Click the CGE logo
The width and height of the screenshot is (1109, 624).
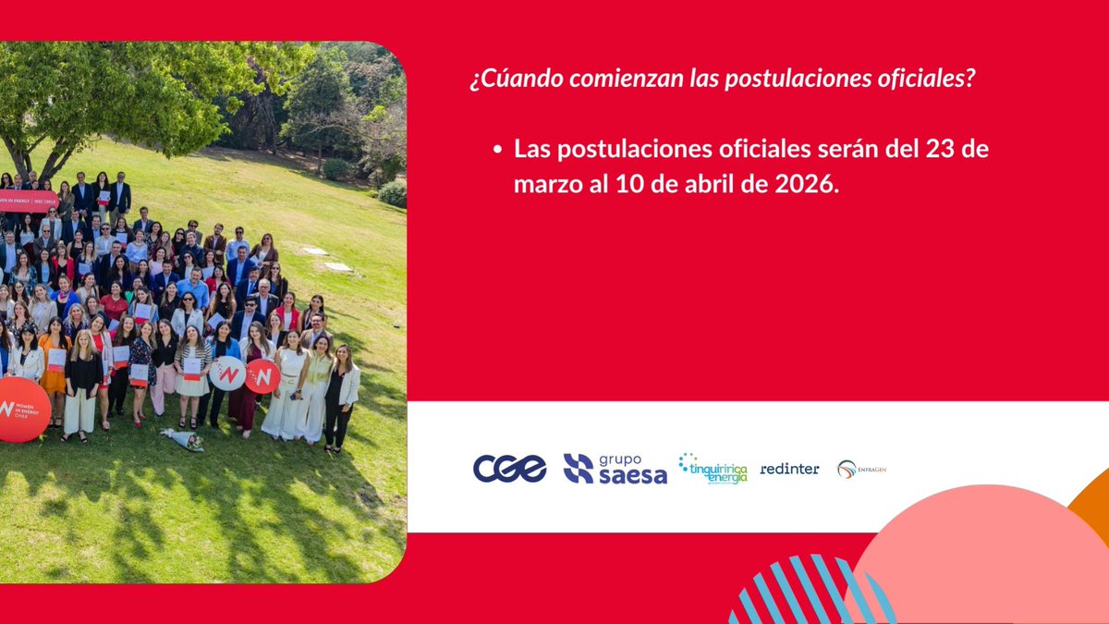tap(509, 469)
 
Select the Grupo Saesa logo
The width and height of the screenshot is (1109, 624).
tap(615, 469)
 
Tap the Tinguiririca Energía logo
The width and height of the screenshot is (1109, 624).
tap(713, 469)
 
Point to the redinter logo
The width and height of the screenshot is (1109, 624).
tap(789, 469)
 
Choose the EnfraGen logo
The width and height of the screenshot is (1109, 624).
tap(861, 469)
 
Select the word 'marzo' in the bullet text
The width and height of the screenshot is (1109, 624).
tap(544, 184)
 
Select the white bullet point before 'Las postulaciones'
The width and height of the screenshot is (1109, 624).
tap(498, 149)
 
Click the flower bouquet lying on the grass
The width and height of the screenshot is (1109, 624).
tap(183, 439)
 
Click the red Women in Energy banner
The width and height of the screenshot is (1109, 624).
tap(28, 201)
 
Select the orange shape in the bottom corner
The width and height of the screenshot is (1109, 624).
tap(1092, 508)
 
